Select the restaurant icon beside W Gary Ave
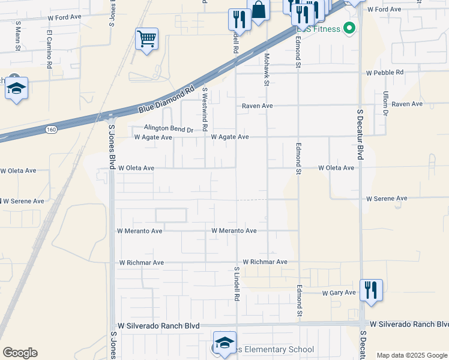tap(370, 291)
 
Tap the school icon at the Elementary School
tap(224, 343)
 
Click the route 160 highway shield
tap(52, 129)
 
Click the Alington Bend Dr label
tap(168, 128)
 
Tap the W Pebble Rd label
tap(385, 73)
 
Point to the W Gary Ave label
tap(339, 293)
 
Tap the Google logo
tap(20, 353)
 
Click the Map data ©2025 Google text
tap(411, 355)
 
